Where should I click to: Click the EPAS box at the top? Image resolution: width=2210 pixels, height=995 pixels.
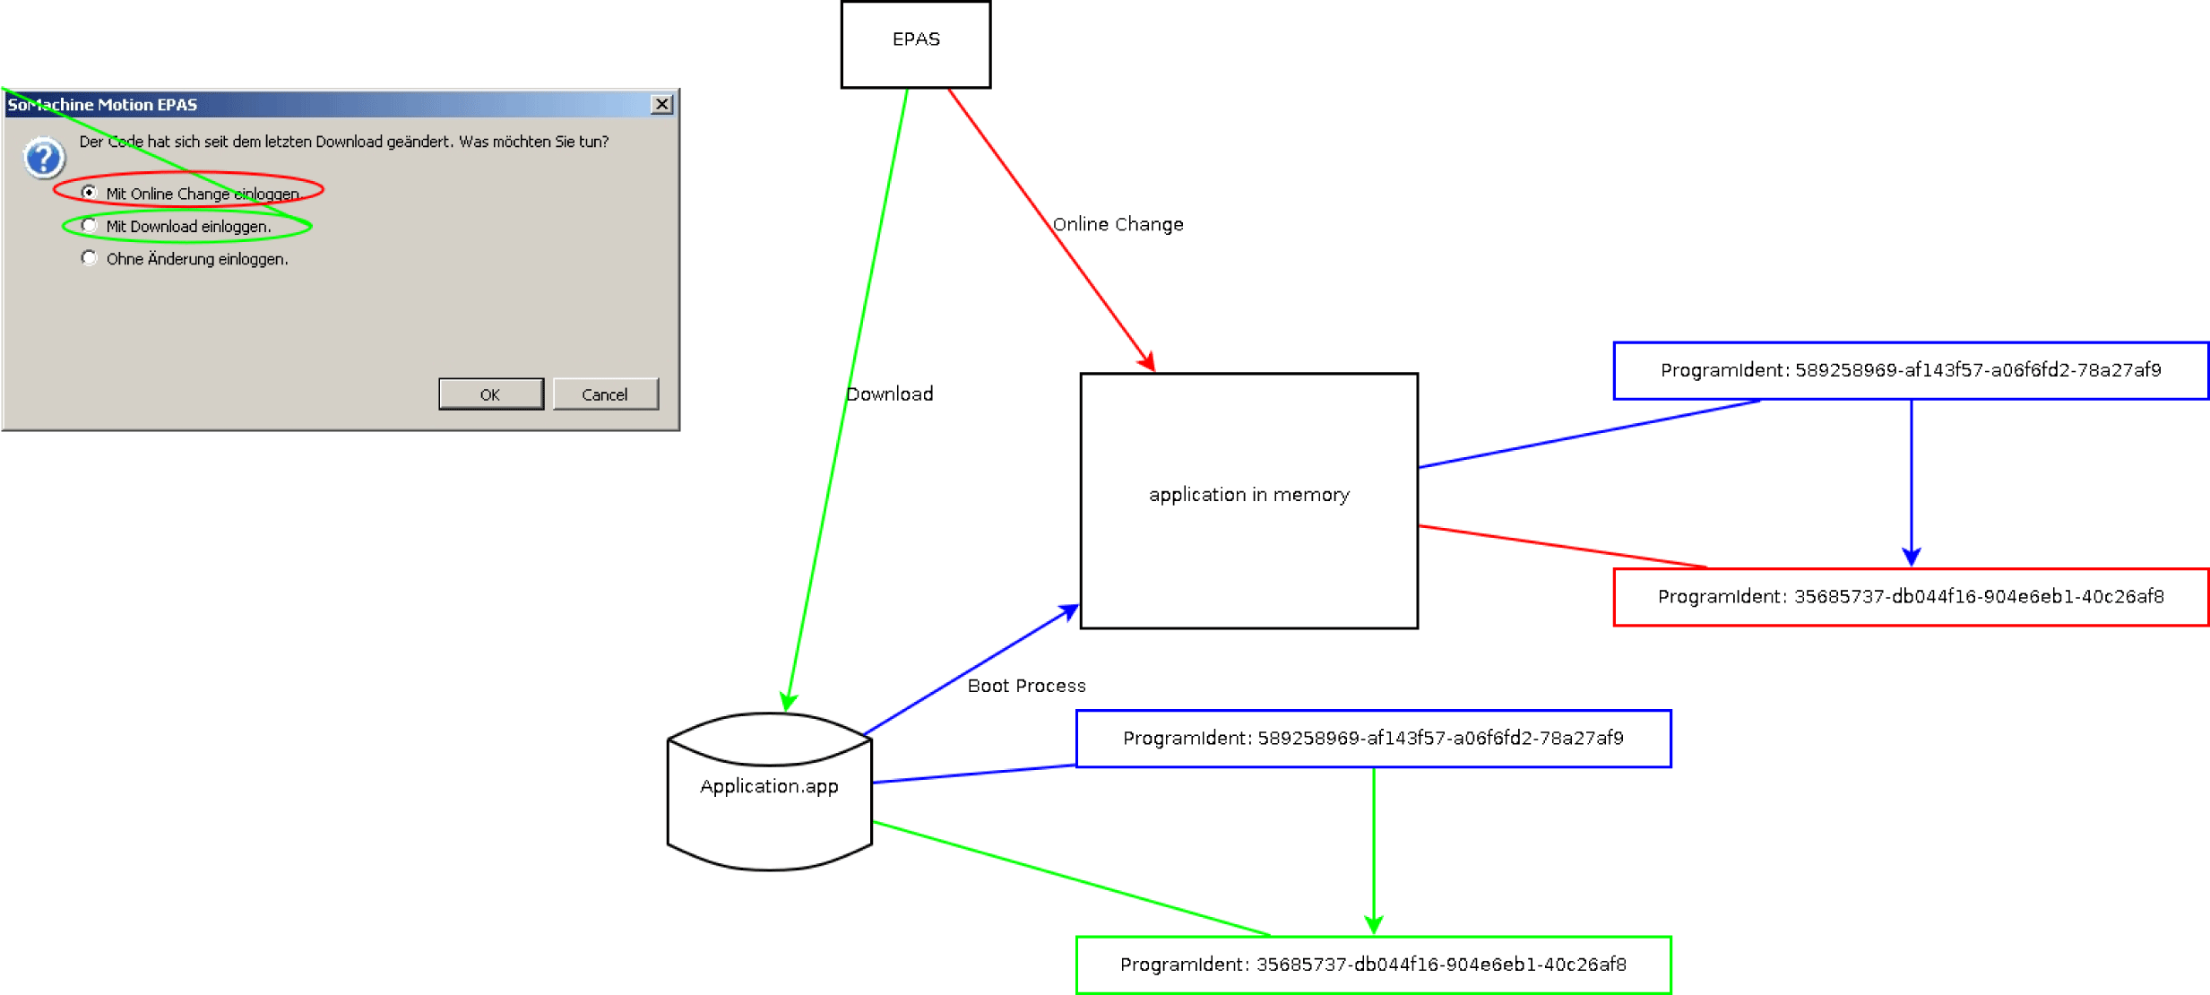coord(915,43)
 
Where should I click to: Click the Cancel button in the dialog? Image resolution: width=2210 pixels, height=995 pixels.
coord(605,394)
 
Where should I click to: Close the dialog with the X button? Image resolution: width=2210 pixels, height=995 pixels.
coord(661,104)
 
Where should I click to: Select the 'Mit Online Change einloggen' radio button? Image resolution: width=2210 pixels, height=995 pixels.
coord(89,193)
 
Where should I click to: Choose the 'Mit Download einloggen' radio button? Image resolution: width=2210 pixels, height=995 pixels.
coord(89,226)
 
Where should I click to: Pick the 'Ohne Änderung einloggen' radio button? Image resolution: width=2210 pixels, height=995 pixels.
coord(89,258)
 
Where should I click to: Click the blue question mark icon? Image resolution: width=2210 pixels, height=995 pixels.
coord(43,159)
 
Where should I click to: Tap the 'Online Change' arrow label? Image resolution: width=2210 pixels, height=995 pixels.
coord(1118,224)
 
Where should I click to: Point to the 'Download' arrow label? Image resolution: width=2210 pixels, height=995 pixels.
coord(890,394)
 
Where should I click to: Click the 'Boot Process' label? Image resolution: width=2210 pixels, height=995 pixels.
coord(1026,686)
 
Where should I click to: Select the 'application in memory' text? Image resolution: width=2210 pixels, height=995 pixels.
coord(1248,495)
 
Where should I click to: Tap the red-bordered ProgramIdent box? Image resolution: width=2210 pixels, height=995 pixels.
coord(1910,597)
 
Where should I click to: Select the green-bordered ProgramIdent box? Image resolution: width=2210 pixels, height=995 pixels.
coord(1373,965)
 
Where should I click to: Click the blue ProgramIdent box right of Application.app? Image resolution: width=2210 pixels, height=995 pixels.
coord(1373,739)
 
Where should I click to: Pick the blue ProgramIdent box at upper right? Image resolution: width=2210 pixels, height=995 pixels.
coord(1910,370)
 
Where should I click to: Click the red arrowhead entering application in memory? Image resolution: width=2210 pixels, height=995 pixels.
coord(1148,362)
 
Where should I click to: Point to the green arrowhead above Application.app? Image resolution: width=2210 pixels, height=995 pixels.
coord(788,701)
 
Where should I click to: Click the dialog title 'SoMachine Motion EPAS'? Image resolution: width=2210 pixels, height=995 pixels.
coord(102,105)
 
